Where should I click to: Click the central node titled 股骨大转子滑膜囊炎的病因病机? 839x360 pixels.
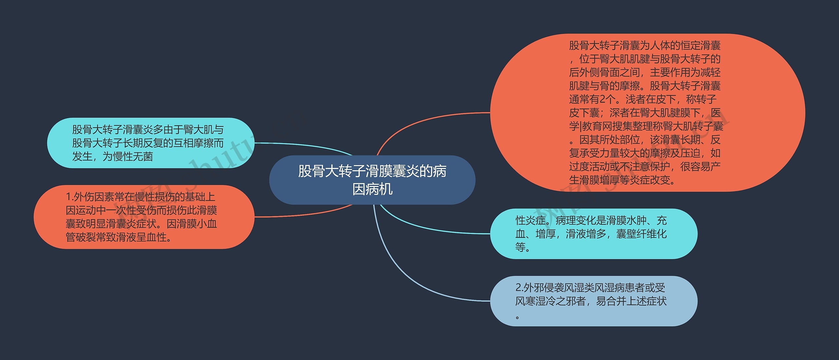click(x=372, y=180)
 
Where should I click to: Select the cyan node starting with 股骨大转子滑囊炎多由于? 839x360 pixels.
click(x=151, y=143)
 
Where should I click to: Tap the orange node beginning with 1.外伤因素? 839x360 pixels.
click(x=144, y=217)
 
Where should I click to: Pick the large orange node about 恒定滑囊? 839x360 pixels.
click(x=647, y=113)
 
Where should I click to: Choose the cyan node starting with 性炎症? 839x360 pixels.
click(x=593, y=234)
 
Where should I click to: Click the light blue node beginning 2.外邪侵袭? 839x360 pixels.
click(x=593, y=301)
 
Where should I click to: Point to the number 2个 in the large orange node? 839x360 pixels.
click(x=606, y=99)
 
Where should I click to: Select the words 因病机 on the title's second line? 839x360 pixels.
click(x=372, y=189)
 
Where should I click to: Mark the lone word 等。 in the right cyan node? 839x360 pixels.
click(x=522, y=247)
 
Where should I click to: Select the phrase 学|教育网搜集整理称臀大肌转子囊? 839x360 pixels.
click(x=646, y=126)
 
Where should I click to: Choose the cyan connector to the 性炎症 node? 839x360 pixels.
click(x=426, y=229)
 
